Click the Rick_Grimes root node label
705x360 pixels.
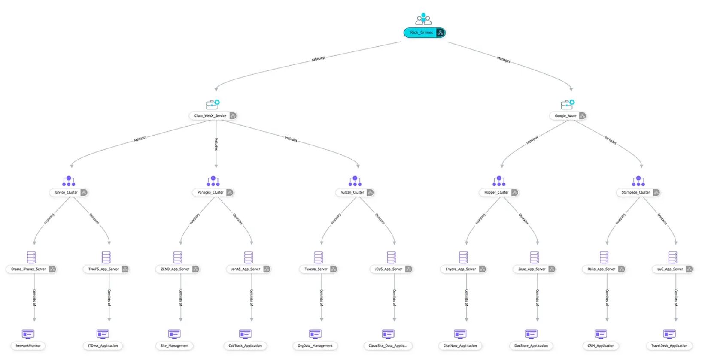click(421, 33)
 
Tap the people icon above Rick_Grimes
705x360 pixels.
click(423, 19)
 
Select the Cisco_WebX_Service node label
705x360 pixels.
click(210, 116)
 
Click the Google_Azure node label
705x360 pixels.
click(565, 116)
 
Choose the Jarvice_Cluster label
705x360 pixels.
click(66, 193)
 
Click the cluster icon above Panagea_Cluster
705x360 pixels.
click(213, 181)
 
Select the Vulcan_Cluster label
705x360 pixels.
click(352, 193)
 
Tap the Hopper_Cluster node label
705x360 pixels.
click(496, 193)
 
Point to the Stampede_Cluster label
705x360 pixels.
click(635, 193)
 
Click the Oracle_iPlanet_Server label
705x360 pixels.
click(28, 269)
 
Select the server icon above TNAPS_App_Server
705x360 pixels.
click(106, 257)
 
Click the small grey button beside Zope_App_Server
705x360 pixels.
click(552, 269)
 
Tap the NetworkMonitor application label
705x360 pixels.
click(28, 346)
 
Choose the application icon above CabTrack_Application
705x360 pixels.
click(245, 334)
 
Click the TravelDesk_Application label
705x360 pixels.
click(669, 346)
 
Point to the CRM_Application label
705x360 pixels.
click(601, 346)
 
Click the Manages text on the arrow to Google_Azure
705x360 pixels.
click(504, 59)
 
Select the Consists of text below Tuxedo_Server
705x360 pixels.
click(322, 297)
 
